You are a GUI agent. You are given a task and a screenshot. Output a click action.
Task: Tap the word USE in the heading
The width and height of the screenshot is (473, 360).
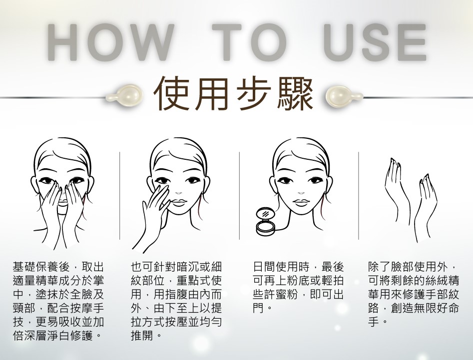375,42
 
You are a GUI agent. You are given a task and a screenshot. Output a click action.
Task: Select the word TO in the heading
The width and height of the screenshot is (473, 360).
249,42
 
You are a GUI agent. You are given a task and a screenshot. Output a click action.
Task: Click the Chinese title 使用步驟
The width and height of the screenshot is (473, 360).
233,94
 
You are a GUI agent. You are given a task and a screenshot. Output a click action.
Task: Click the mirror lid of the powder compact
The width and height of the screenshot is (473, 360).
265,214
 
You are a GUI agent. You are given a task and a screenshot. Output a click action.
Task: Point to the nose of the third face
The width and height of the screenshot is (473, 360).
301,192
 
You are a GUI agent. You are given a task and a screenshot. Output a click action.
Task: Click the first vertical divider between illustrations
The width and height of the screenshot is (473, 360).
120,196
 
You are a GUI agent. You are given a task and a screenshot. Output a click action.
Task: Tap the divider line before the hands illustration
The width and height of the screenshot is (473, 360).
358,196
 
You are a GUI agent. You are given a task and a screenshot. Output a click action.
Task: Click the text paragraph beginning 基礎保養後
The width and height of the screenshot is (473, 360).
58,301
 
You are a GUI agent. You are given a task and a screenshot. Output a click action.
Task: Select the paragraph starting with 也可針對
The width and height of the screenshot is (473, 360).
176,301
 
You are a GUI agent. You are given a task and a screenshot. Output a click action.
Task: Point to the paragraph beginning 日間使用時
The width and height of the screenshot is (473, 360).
298,288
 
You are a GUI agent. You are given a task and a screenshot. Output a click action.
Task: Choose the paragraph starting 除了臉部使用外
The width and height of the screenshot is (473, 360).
414,295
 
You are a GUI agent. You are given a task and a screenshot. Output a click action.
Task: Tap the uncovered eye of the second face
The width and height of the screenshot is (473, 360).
192,181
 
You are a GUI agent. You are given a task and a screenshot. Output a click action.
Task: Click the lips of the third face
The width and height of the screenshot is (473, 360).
301,202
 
